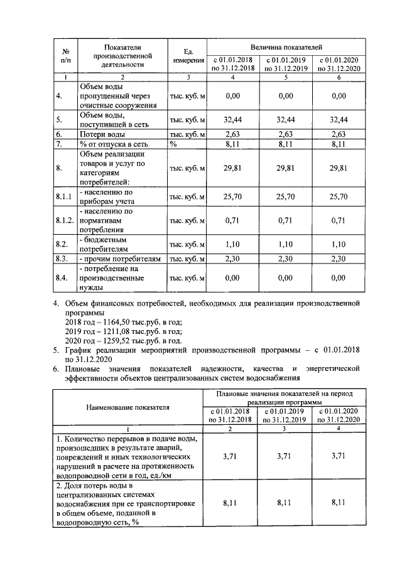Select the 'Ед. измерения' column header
click(188, 56)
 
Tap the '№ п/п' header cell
click(65, 56)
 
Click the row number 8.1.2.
click(65, 221)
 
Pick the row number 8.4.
click(62, 277)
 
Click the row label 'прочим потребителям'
click(120, 259)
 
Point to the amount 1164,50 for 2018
click(124, 321)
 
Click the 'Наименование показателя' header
click(128, 407)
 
